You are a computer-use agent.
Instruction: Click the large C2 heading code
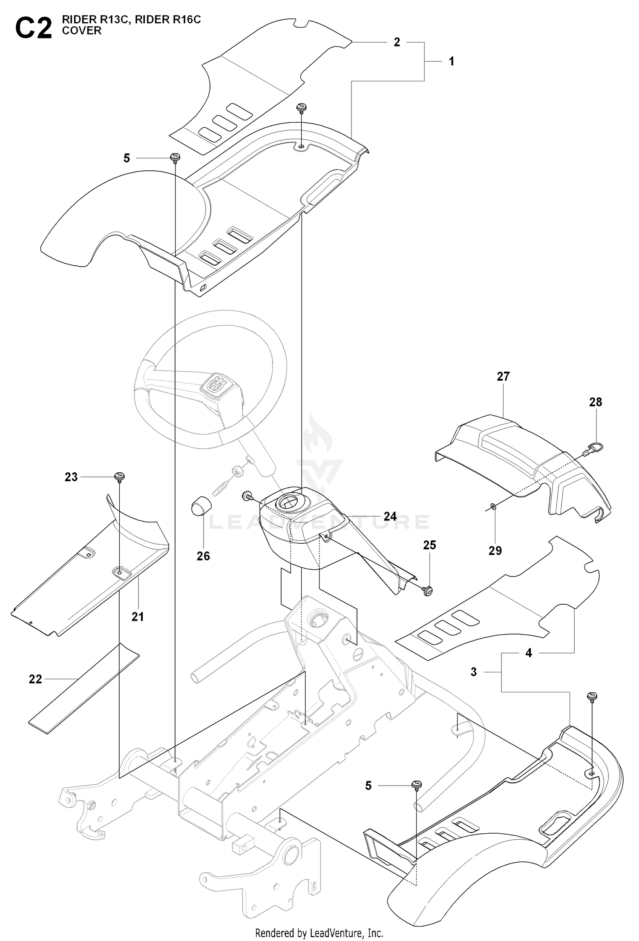coord(33,29)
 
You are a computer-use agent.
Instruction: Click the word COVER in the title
coord(82,31)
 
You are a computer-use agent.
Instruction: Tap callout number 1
coord(452,62)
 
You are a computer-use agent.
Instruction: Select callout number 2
coord(397,43)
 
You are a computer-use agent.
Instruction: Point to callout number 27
coord(503,376)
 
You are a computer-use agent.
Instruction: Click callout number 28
coord(596,402)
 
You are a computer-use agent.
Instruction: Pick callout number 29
coord(495,551)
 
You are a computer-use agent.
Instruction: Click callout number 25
coord(429,545)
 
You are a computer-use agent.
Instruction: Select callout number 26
coord(203,556)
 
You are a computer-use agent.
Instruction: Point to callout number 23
coord(71,477)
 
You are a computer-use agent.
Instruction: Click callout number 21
coord(138,616)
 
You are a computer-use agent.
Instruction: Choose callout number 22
coord(35,679)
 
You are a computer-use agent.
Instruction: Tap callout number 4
coord(529,653)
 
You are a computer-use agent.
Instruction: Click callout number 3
coord(474,672)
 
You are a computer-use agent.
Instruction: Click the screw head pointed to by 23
coord(119,476)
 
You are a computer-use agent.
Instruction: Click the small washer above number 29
coord(493,506)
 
